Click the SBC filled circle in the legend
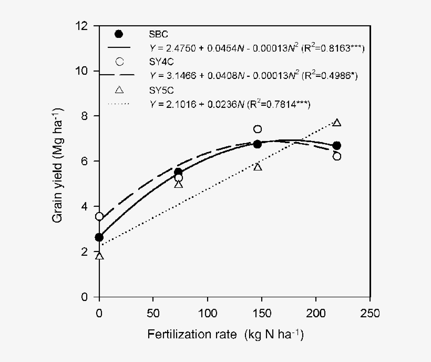pyautogui.click(x=119, y=34)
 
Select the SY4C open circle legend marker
pyautogui.click(x=119, y=61)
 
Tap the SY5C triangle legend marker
pyautogui.click(x=119, y=89)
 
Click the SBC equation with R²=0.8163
pyautogui.click(x=256, y=48)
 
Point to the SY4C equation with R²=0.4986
pyautogui.click(x=254, y=76)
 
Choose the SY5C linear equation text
pyautogui.click(x=230, y=104)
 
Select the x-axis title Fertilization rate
pyautogui.click(x=225, y=334)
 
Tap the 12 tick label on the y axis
pyautogui.click(x=83, y=26)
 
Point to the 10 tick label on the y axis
pyautogui.click(x=83, y=71)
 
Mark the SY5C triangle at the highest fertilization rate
pyautogui.click(x=337, y=123)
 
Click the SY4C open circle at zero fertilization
pyautogui.click(x=99, y=216)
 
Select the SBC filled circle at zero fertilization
pyautogui.click(x=99, y=237)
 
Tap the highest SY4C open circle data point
pyautogui.click(x=258, y=129)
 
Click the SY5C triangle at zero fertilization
pyautogui.click(x=99, y=256)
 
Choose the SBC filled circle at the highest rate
pyautogui.click(x=337, y=145)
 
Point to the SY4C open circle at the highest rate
pyautogui.click(x=337, y=156)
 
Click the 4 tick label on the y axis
pyautogui.click(x=86, y=207)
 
